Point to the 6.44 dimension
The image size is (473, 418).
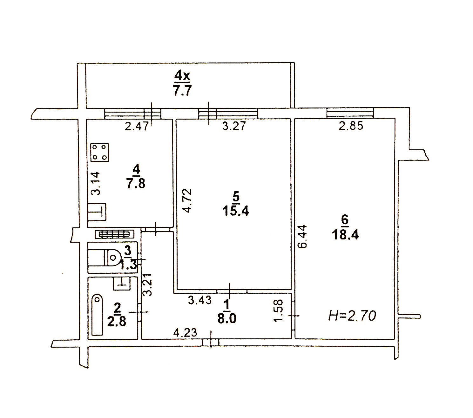click(302, 237)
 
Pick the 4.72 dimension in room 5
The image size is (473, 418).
click(187, 201)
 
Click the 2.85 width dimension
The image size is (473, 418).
click(351, 126)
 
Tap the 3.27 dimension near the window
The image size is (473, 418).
click(234, 126)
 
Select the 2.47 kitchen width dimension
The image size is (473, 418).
click(137, 127)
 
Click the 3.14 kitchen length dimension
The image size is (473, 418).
click(96, 183)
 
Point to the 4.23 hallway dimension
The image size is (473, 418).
click(186, 333)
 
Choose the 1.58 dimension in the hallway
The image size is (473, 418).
click(279, 311)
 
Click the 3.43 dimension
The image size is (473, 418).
click(200, 300)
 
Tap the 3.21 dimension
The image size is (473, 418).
click(147, 284)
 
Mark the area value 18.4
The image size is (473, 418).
click(345, 235)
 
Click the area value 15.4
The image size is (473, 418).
click(235, 211)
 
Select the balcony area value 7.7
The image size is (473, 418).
click(182, 91)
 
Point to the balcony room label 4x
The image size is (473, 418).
click(182, 76)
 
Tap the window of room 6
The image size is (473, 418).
click(350, 113)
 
